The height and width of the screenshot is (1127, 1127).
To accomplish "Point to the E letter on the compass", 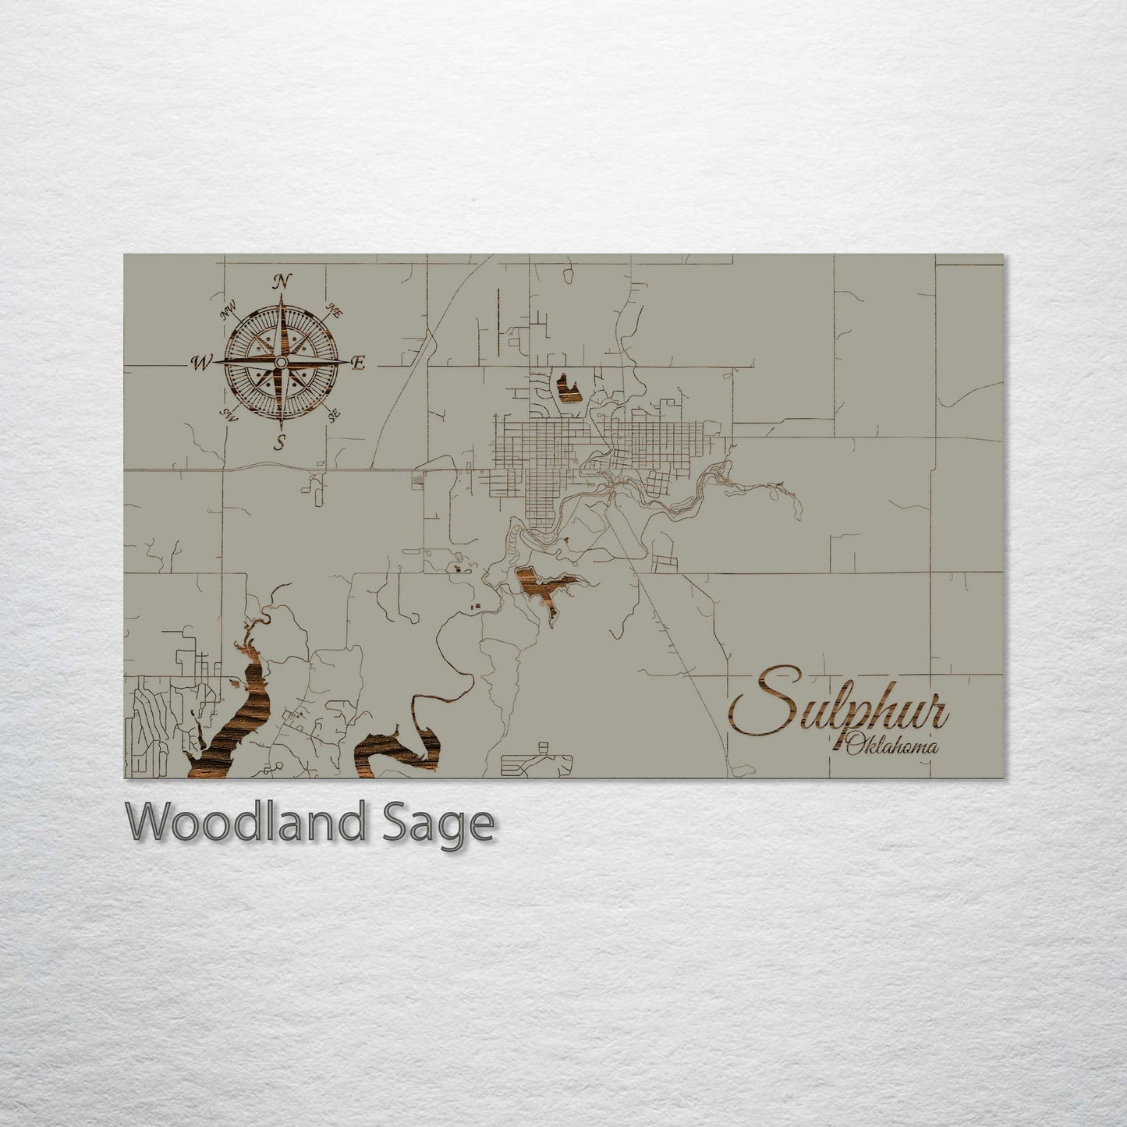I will pyautogui.click(x=359, y=363).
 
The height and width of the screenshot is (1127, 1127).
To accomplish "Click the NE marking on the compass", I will pyautogui.click(x=336, y=310).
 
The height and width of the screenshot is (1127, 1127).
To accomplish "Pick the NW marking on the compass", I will pyautogui.click(x=228, y=313).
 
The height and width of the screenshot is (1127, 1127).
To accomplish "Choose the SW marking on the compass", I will pyautogui.click(x=229, y=413).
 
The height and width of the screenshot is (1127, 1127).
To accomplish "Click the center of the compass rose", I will pyautogui.click(x=279, y=363).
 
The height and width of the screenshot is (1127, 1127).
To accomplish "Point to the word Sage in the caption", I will pyautogui.click(x=448, y=824).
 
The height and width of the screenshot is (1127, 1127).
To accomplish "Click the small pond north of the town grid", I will pyautogui.click(x=567, y=386).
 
